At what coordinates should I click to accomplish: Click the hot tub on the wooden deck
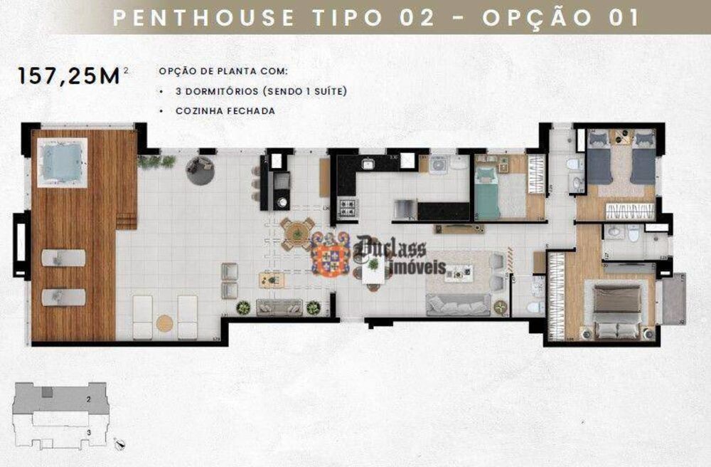pyautogui.click(x=62, y=162)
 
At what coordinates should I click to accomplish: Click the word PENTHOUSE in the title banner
pyautogui.click(x=204, y=18)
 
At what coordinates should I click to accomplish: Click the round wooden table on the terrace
pyautogui.click(x=296, y=233)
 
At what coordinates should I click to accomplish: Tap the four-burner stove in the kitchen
pyautogui.click(x=347, y=208)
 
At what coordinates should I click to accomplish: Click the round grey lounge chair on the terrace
pyautogui.click(x=200, y=169)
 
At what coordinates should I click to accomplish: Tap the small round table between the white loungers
pyautogui.click(x=165, y=322)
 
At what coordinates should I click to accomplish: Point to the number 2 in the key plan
pyautogui.click(x=88, y=401)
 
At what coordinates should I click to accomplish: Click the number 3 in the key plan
pyautogui.click(x=88, y=431)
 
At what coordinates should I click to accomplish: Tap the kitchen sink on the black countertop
pyautogui.click(x=368, y=164)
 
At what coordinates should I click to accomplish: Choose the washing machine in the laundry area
pyautogui.click(x=438, y=163)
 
